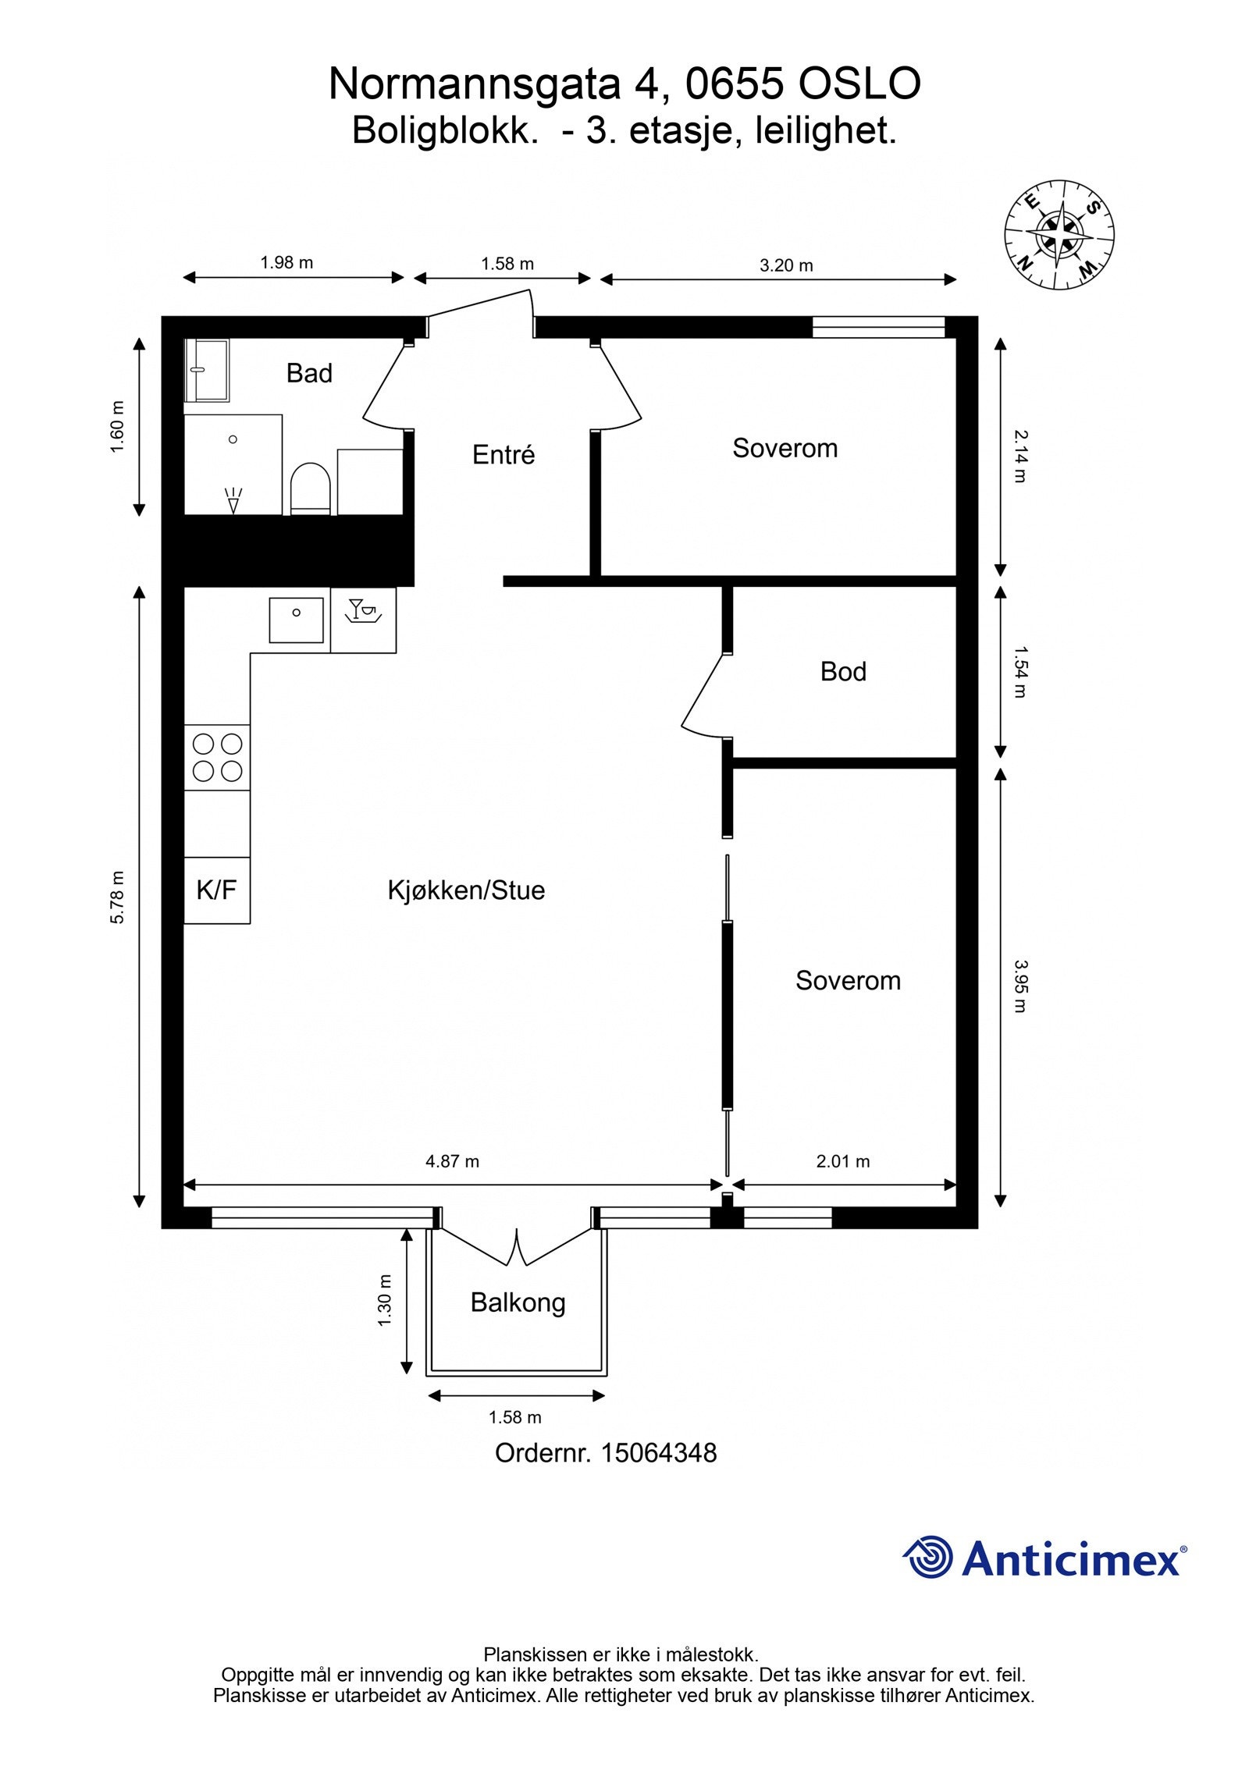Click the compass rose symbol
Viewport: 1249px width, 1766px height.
(x=1059, y=233)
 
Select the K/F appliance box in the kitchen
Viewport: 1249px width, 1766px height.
(x=216, y=890)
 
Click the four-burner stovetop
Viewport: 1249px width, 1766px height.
(x=217, y=757)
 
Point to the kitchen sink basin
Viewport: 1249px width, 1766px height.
(x=296, y=620)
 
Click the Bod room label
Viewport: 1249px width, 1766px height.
(x=843, y=672)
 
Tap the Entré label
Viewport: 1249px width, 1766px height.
(x=504, y=455)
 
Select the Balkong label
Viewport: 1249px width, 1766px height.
(x=518, y=1302)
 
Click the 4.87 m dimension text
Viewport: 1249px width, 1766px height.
(x=452, y=1161)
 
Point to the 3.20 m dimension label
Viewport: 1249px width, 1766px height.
(x=786, y=265)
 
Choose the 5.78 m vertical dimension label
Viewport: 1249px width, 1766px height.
(x=117, y=897)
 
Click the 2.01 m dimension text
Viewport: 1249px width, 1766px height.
(x=843, y=1161)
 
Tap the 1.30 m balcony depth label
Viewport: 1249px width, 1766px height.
(x=384, y=1300)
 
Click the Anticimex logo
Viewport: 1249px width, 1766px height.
(x=1044, y=1558)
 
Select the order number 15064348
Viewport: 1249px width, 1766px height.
(x=658, y=1452)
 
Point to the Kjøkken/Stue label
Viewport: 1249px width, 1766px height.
(x=466, y=890)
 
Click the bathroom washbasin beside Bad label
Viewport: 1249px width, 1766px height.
(x=208, y=370)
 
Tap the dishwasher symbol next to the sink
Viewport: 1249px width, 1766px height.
(x=363, y=619)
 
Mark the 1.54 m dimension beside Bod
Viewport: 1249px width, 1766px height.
(x=1019, y=671)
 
